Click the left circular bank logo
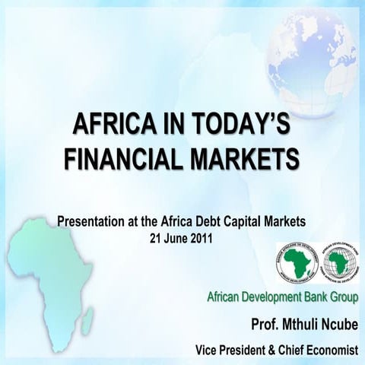[297, 264]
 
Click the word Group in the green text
[340, 296]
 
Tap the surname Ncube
[335, 325]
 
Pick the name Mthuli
[293, 325]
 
